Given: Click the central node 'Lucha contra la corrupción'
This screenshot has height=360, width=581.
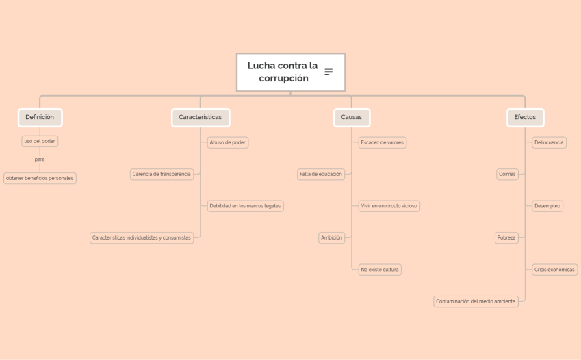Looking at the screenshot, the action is point(283,72).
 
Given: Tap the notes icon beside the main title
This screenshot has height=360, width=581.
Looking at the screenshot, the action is point(328,72).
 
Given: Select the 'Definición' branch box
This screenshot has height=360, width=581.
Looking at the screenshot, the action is point(40,117).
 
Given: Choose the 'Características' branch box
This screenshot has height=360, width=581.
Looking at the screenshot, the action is point(200,117).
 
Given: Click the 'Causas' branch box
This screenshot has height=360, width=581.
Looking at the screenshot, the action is point(352,117).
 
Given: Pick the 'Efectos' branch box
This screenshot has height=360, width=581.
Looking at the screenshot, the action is point(525,117).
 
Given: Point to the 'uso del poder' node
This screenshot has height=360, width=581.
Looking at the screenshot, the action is point(40,141).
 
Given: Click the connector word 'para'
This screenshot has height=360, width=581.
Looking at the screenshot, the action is point(40,159).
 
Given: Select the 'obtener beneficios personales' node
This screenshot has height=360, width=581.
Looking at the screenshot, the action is point(40,178).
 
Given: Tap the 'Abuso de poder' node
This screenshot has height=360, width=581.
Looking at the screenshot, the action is point(228,142).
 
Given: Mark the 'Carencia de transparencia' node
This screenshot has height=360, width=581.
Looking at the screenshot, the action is point(162,174).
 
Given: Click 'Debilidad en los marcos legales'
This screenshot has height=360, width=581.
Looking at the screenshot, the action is point(245,205).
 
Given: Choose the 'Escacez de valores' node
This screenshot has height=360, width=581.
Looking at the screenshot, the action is point(383,142).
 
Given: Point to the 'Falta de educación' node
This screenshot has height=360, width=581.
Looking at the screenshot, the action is point(321,174).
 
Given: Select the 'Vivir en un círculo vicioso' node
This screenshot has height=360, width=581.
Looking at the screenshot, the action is point(389,205).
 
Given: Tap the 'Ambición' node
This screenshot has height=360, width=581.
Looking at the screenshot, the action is point(331,237).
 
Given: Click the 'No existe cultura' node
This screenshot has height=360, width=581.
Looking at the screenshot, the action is point(380,270).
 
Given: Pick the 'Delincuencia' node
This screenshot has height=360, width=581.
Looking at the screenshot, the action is point(549,142).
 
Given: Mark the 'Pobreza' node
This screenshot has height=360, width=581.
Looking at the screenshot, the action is point(506,237).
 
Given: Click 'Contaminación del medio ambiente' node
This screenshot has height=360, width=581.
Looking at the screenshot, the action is point(476,301).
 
